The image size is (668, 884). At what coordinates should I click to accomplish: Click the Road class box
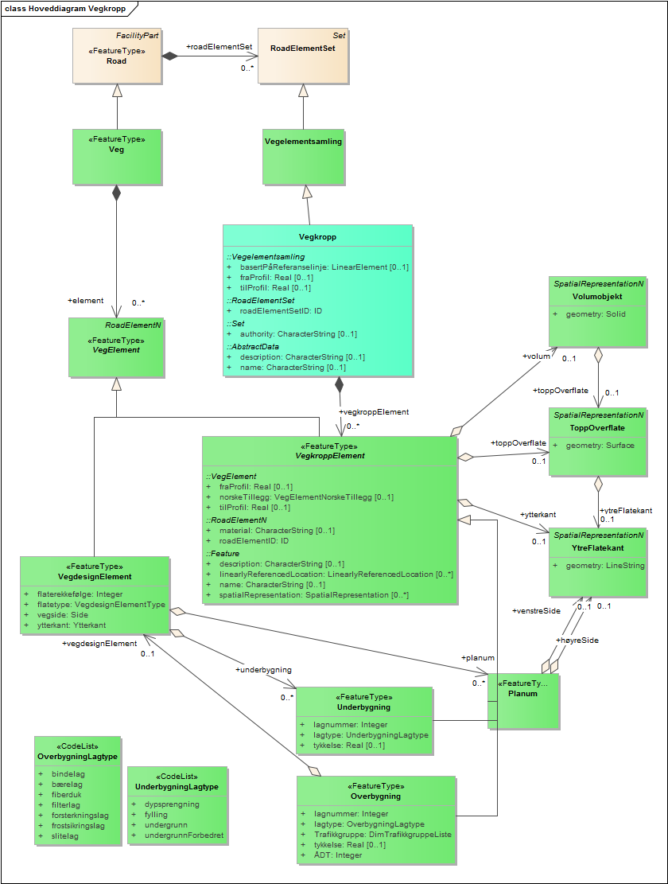[117, 56]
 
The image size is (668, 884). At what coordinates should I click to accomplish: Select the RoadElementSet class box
[302, 56]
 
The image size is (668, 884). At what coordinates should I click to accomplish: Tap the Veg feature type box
[117, 157]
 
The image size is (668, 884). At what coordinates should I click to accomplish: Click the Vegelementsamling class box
[303, 156]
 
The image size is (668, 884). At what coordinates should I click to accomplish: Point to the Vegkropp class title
[317, 237]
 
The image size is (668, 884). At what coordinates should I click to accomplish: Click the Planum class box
[523, 701]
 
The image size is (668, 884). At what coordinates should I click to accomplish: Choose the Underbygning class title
[363, 707]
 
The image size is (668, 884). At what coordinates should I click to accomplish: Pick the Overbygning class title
[375, 796]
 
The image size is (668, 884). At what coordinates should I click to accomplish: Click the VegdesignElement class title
[95, 576]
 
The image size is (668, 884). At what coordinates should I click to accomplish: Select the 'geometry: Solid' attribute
[596, 314]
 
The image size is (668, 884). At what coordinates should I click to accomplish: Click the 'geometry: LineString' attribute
[604, 565]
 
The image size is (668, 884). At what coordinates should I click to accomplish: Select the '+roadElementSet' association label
[219, 47]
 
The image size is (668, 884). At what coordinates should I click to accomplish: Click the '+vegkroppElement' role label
[374, 412]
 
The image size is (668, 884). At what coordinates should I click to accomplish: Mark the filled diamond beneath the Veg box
[117, 193]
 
